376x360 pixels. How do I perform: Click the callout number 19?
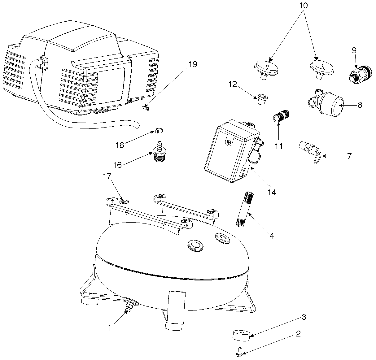coord(192,64)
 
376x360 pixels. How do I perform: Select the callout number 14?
coord(272,193)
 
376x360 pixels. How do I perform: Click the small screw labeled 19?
coord(145,108)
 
